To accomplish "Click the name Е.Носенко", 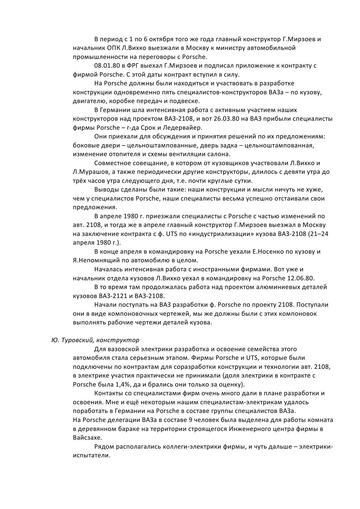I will [269, 252].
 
